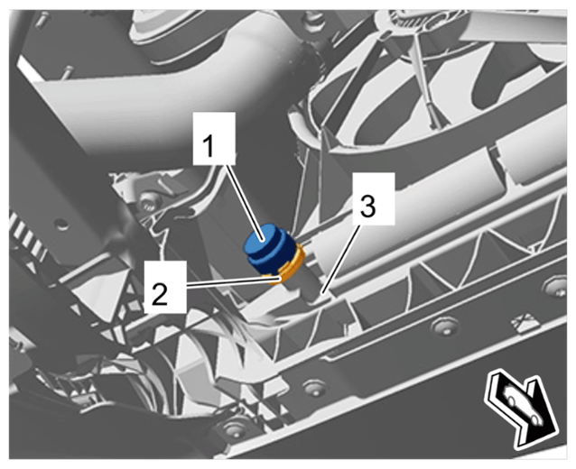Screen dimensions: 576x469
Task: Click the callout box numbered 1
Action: [214, 138]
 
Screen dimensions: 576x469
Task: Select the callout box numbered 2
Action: [165, 287]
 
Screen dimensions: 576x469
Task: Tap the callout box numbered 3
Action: [373, 198]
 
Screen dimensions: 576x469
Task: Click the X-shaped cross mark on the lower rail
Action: [524, 321]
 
